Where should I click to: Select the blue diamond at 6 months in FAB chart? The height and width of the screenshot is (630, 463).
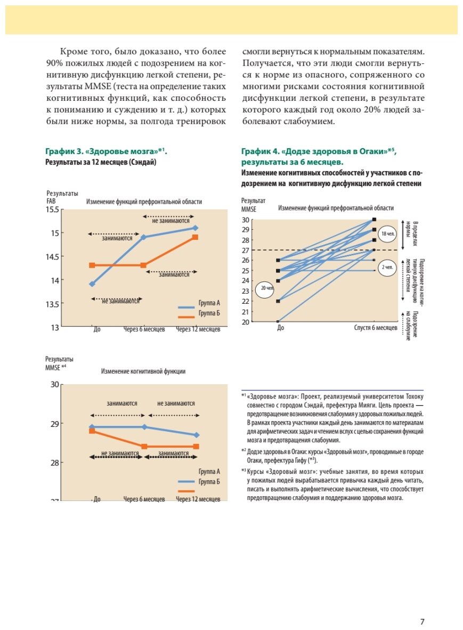click(x=144, y=237)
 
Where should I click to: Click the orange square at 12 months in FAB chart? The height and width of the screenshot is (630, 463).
click(x=196, y=237)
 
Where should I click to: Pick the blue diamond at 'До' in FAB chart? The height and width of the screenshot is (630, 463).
click(x=92, y=284)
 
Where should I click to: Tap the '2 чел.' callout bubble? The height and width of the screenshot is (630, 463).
click(x=387, y=268)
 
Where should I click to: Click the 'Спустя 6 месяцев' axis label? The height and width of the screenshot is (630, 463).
click(x=376, y=328)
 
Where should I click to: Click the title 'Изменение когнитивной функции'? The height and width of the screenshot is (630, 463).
click(x=143, y=371)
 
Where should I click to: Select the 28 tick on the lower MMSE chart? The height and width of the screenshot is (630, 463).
click(x=54, y=462)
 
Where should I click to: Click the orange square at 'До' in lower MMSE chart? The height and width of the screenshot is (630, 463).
click(x=92, y=431)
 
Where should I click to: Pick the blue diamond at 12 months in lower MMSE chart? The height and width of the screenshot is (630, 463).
click(x=196, y=435)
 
